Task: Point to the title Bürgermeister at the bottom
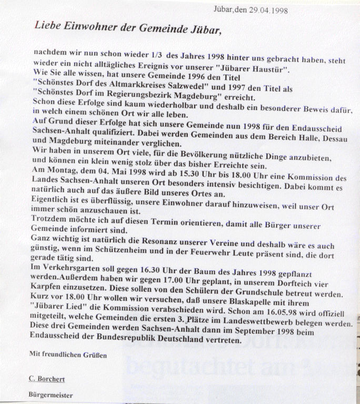click(52, 395)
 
